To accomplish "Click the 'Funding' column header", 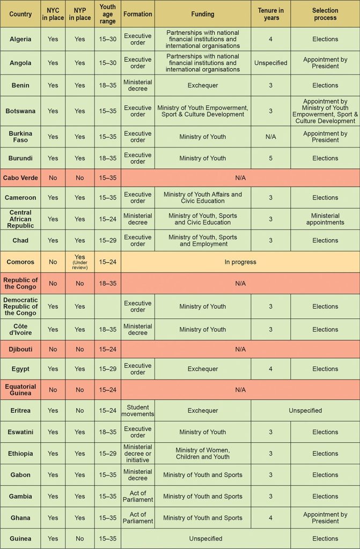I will pyautogui.click(x=202, y=14).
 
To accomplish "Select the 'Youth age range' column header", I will pyautogui.click(x=107, y=14).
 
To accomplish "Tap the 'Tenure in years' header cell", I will pyautogui.click(x=271, y=14).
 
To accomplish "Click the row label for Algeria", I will pyautogui.click(x=20, y=39).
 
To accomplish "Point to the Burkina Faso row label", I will pyautogui.click(x=20, y=137).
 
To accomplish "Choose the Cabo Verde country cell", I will pyautogui.click(x=20, y=177).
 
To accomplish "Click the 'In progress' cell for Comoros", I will pyautogui.click(x=240, y=262).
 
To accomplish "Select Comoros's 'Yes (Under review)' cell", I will pyautogui.click(x=79, y=262).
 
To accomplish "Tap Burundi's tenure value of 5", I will pyautogui.click(x=271, y=158).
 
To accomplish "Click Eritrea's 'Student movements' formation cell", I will pyautogui.click(x=138, y=411).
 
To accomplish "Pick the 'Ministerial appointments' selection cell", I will pyautogui.click(x=325, y=219).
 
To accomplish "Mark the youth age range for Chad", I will pyautogui.click(x=107, y=240).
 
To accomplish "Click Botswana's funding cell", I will pyautogui.click(x=202, y=111).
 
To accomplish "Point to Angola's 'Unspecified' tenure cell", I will pyautogui.click(x=271, y=63).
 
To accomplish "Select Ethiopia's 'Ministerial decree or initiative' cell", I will pyautogui.click(x=138, y=453).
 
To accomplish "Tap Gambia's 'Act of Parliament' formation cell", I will pyautogui.click(x=138, y=496).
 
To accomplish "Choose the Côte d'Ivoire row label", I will pyautogui.click(x=20, y=329).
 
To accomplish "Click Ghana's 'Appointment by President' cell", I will pyautogui.click(x=325, y=518).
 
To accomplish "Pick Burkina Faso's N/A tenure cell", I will pyautogui.click(x=271, y=137).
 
